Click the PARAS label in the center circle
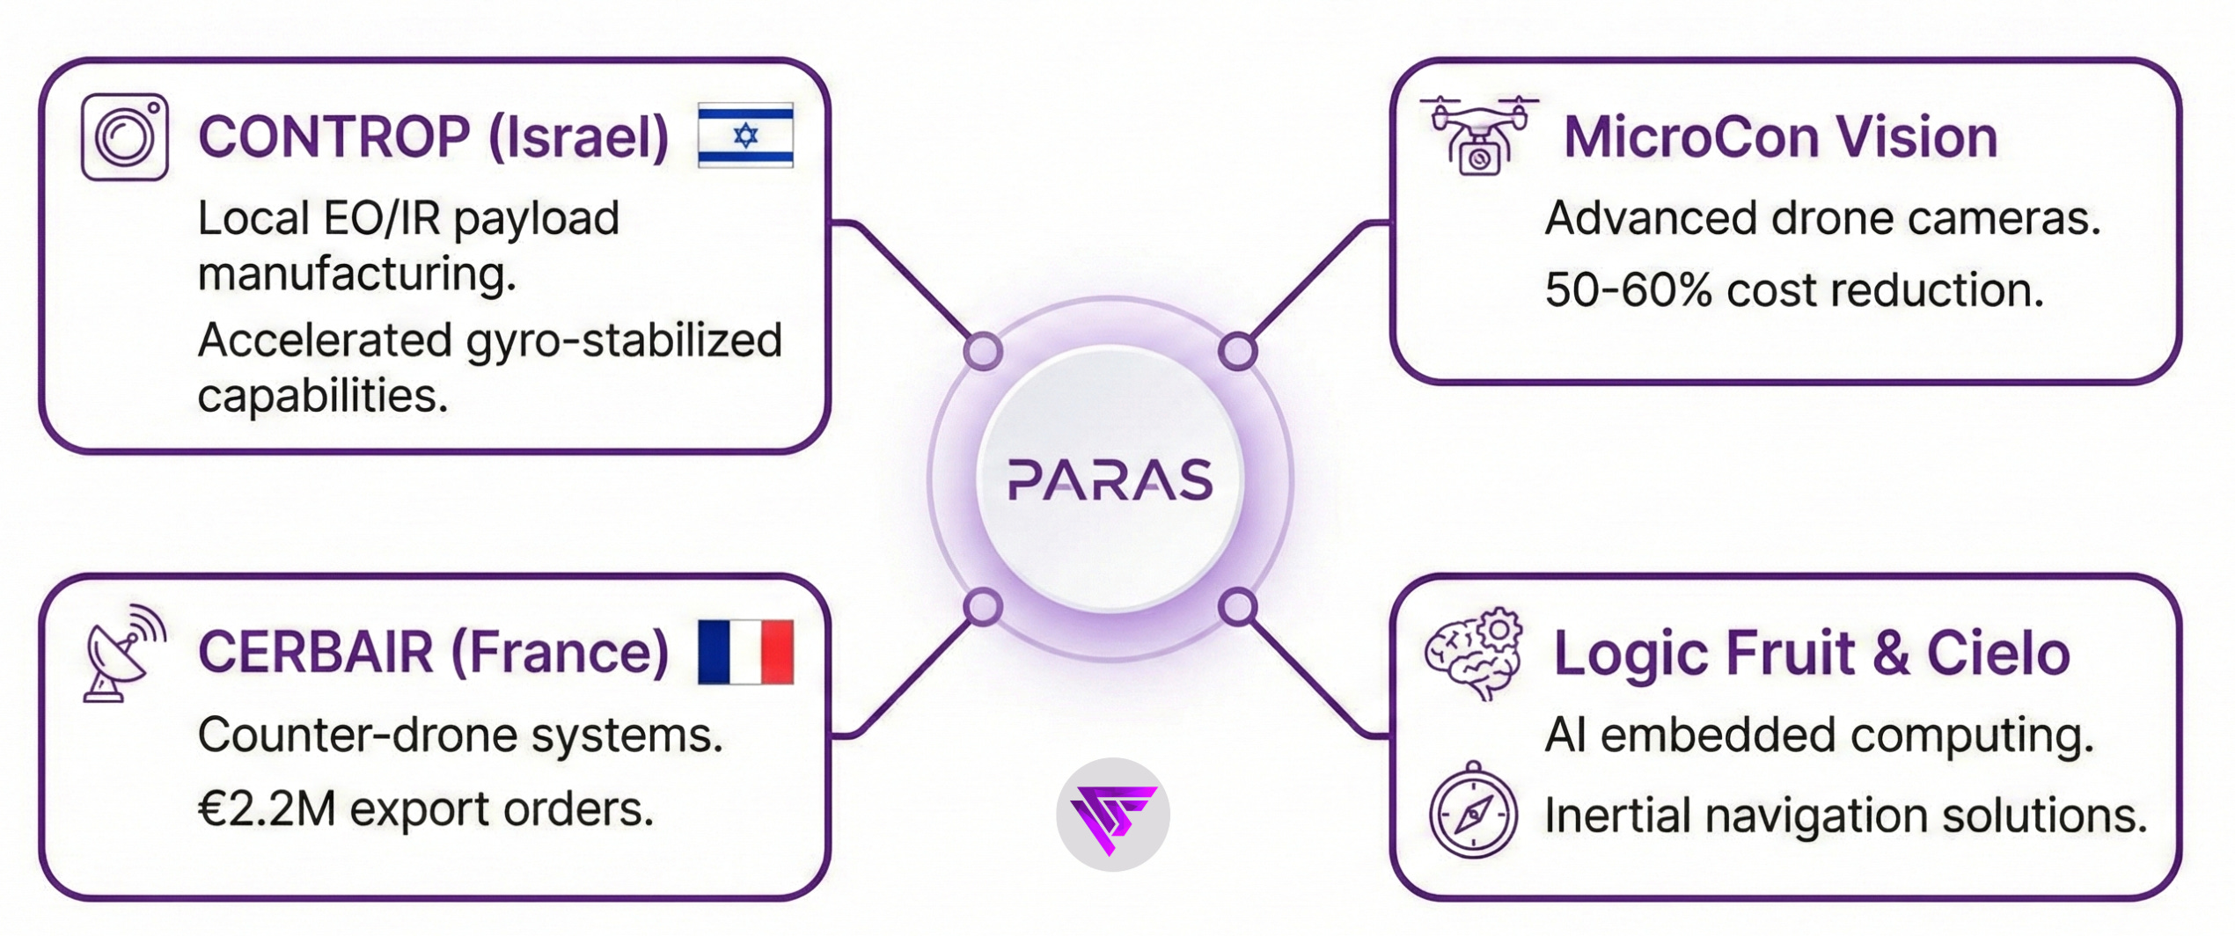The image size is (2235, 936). pos(1110,480)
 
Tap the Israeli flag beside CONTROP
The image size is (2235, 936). pos(745,135)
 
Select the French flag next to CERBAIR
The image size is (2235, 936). pos(745,652)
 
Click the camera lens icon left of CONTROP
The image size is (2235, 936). pos(125,137)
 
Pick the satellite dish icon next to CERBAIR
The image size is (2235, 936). pos(124,653)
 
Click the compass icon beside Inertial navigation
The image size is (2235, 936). pos(1473,811)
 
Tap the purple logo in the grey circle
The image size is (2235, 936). pos(1112,815)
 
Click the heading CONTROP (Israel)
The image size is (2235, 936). pos(434,137)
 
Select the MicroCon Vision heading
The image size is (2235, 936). pos(1780,137)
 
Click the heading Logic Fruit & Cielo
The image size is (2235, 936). pos(1811,653)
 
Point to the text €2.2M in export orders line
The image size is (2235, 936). pos(267,809)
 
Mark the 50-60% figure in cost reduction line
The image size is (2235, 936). pos(1629,289)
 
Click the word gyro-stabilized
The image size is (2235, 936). pos(624,341)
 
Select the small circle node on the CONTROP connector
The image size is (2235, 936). pos(983,351)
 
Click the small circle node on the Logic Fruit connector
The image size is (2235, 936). pos(1238,607)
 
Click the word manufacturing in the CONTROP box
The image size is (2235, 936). pos(356,274)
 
